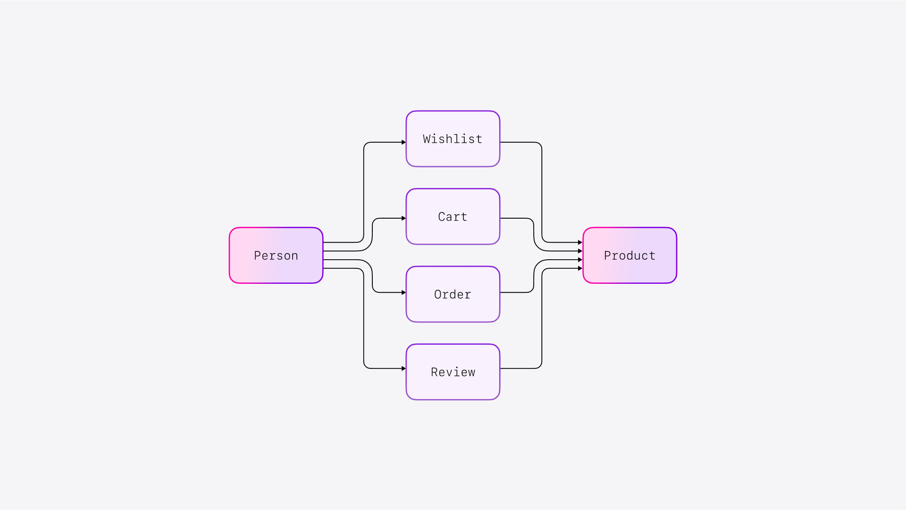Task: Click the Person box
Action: (276, 255)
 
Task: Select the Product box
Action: (629, 255)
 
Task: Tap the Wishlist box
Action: (453, 139)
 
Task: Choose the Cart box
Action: (453, 217)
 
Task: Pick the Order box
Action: (453, 294)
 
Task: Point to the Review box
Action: (453, 372)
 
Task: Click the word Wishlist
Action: (453, 139)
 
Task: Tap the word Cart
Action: (453, 217)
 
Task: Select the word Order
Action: (453, 295)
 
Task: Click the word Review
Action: (453, 373)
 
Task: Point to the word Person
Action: (276, 256)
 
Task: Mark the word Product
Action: (629, 256)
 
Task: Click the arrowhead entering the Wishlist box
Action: (403, 142)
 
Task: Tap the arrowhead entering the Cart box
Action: (403, 218)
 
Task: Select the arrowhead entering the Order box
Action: (403, 293)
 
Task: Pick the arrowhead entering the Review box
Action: (403, 368)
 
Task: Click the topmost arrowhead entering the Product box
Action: (580, 242)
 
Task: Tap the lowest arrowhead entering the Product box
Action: (580, 268)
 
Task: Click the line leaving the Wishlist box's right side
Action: (519, 142)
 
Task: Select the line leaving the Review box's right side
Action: (519, 368)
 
